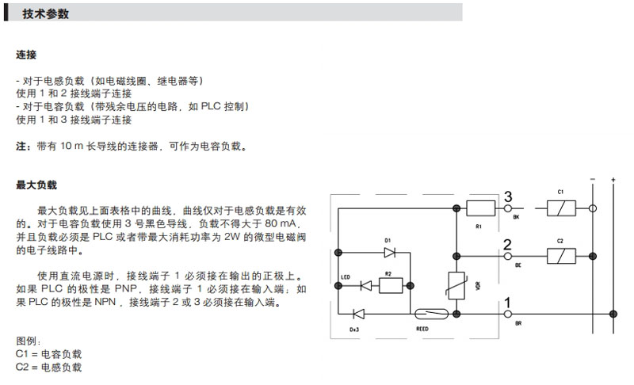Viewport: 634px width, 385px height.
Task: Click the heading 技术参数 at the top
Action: (x=45, y=14)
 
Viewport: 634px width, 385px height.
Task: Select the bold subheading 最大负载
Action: (x=36, y=185)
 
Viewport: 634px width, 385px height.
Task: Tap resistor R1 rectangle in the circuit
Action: (x=479, y=208)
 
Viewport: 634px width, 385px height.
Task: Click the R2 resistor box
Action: (x=388, y=284)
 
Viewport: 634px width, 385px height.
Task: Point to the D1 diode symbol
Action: (x=388, y=252)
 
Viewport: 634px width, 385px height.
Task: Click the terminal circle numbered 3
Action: (x=507, y=208)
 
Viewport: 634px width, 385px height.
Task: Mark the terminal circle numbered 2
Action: (x=507, y=255)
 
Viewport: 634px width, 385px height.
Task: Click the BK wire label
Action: (x=517, y=218)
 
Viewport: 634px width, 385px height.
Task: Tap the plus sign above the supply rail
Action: (x=613, y=181)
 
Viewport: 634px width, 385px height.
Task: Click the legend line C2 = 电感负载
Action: (x=49, y=368)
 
